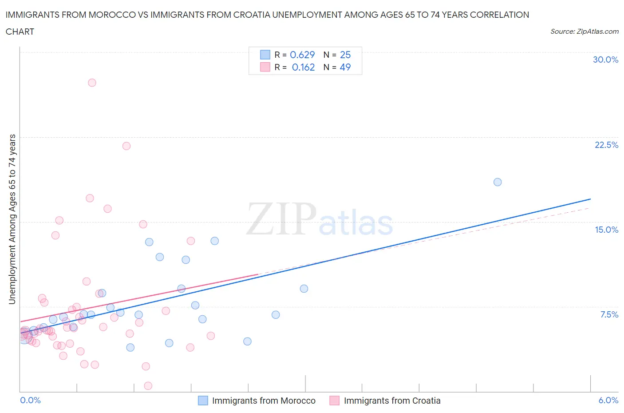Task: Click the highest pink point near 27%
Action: click(x=92, y=83)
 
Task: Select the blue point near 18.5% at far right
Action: click(x=498, y=182)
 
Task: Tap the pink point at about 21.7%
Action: click(x=126, y=146)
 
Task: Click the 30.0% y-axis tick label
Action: click(x=605, y=60)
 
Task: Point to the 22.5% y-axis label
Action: click(x=606, y=145)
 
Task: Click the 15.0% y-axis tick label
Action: click(x=606, y=230)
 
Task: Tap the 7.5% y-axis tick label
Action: click(x=609, y=314)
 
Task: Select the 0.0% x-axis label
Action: click(x=30, y=400)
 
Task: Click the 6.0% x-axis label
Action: click(x=608, y=400)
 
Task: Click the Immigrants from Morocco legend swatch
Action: click(x=203, y=401)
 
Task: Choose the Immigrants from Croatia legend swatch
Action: click(x=334, y=401)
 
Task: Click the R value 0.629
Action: click(x=302, y=55)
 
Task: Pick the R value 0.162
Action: click(x=303, y=67)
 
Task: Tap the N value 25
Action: click(x=345, y=55)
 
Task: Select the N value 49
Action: click(x=345, y=67)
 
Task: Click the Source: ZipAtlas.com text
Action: click(x=584, y=31)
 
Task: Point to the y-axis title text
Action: click(x=12, y=219)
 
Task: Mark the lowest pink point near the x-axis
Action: click(x=148, y=385)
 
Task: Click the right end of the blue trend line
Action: click(x=590, y=199)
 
